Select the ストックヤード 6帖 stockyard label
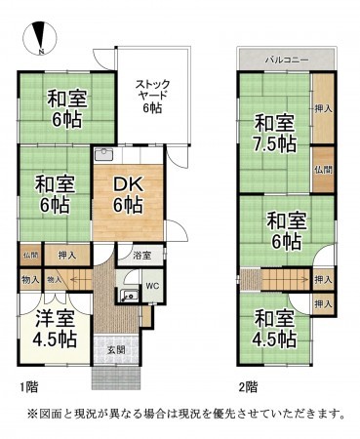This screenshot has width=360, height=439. [x=152, y=95]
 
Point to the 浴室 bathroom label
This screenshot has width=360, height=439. [x=141, y=256]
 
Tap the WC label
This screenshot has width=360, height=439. [x=152, y=286]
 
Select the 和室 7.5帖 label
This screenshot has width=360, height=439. [x=276, y=133]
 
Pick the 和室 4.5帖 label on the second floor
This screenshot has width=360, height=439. [x=274, y=329]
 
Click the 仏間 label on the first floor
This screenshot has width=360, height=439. [x=27, y=255]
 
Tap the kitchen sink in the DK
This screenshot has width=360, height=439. [x=104, y=155]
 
